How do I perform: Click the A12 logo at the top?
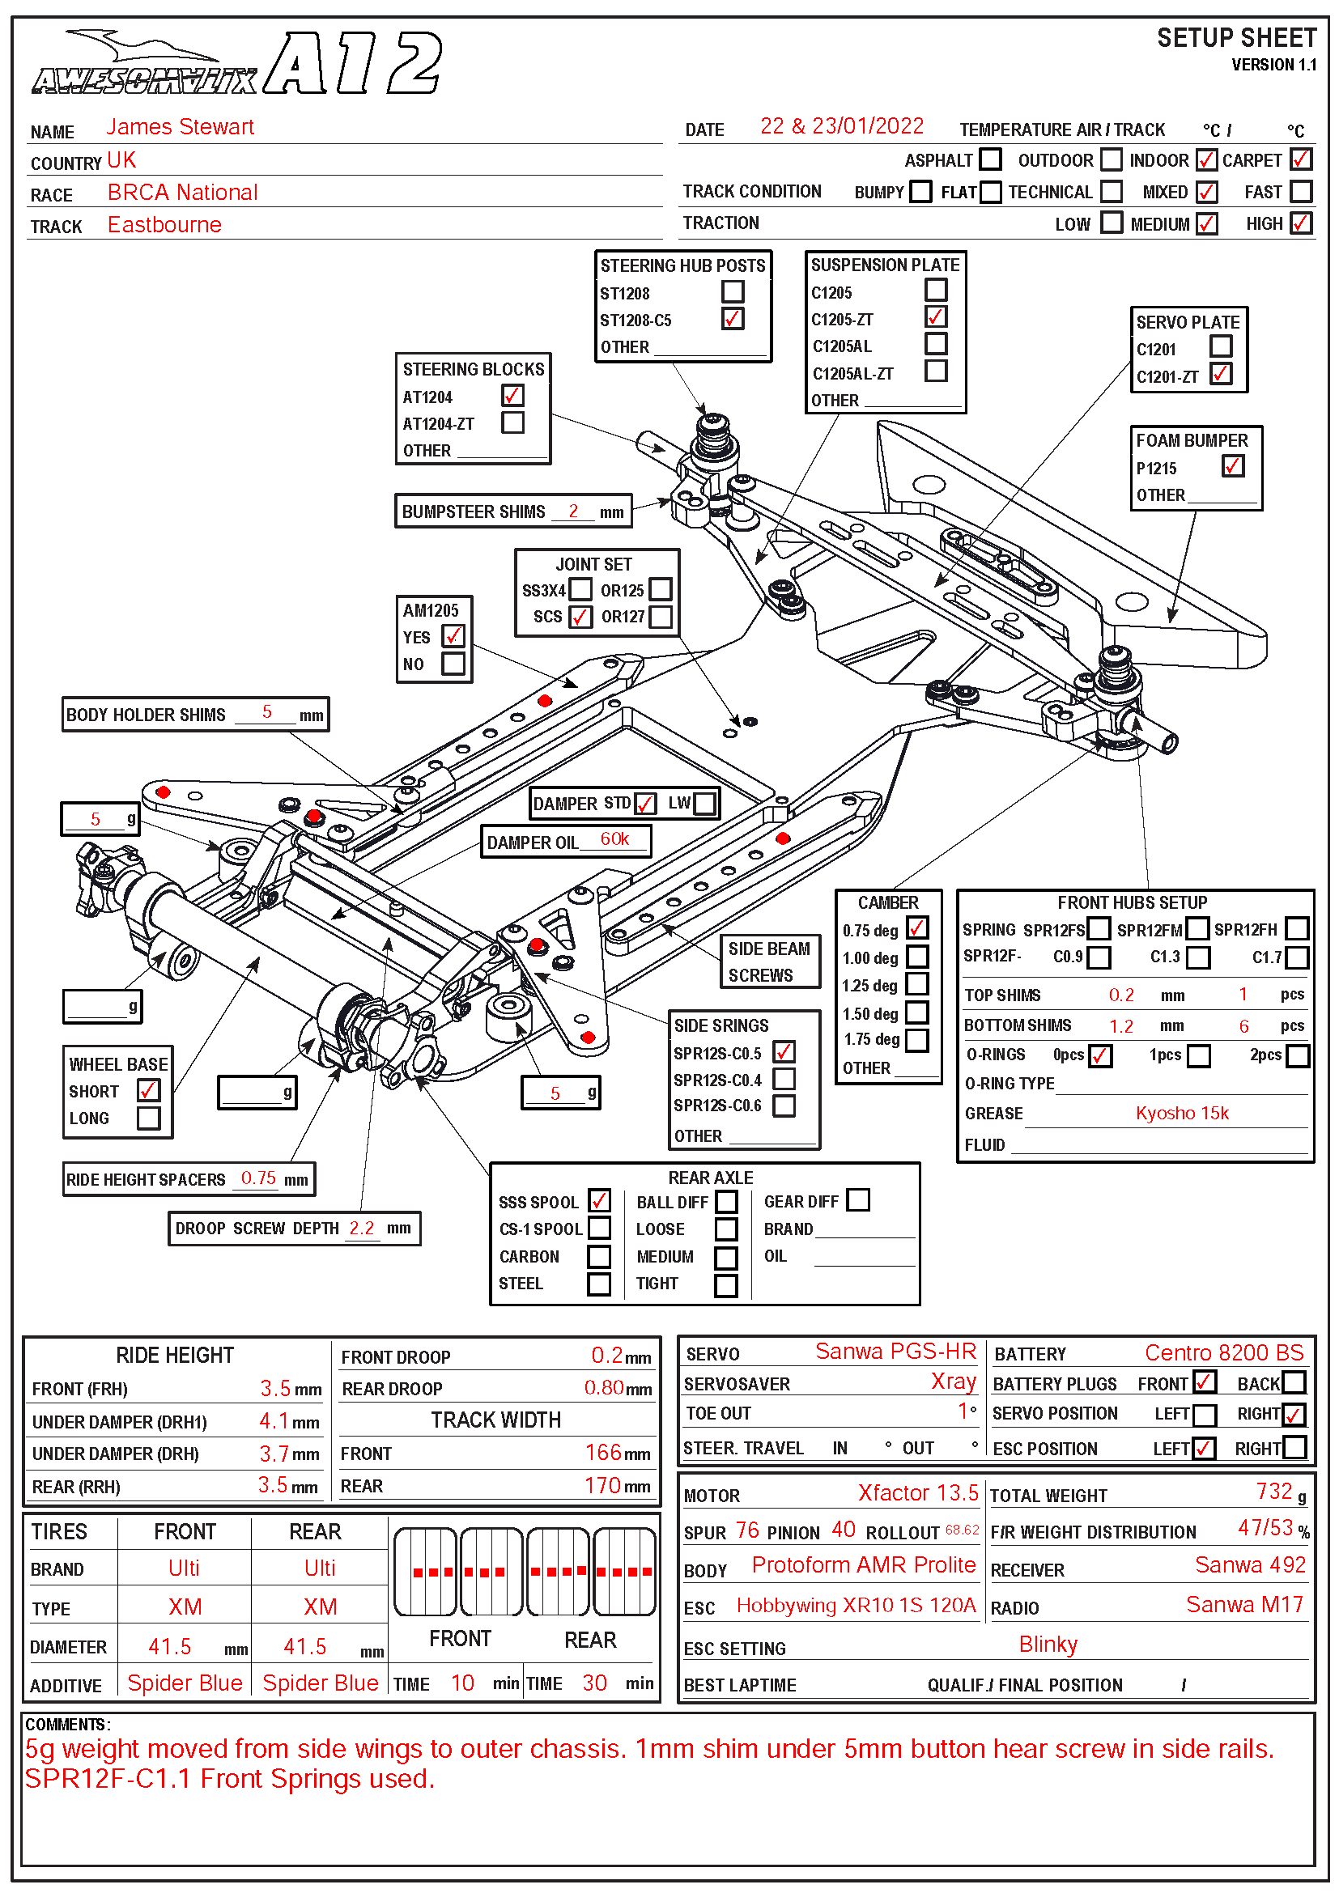pos(353,62)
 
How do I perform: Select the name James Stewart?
pos(180,127)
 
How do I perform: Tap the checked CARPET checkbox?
pos(1300,159)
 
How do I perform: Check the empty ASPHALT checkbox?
pos(990,159)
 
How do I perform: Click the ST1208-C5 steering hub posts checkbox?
pos(732,319)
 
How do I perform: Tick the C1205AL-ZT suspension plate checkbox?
pos(935,371)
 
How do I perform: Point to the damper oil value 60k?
pos(614,839)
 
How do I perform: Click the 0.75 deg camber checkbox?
pos(917,928)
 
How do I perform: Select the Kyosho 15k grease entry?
pos(1181,1113)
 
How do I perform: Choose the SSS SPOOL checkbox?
pos(599,1200)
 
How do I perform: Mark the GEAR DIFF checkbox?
pos(857,1199)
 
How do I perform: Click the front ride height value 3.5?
pos(275,1389)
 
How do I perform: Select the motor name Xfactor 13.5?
pos(918,1493)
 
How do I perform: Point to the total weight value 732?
pos(1274,1492)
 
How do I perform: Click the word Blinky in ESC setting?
pos(1048,1645)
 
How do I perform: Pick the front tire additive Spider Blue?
pos(185,1683)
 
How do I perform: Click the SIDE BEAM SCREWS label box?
pos(769,961)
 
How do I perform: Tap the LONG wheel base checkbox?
pos(149,1118)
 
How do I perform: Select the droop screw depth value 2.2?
pos(361,1228)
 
